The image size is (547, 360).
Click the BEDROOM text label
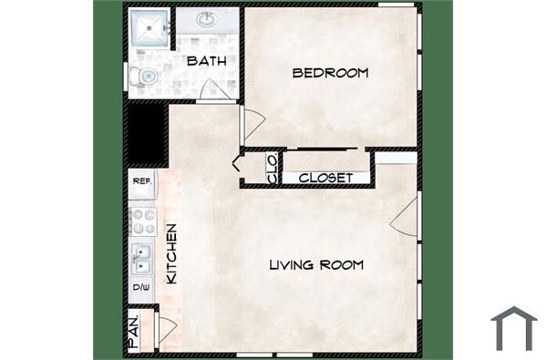[330, 73]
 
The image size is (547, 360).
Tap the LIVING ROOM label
[316, 265]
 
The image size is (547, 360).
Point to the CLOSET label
[325, 178]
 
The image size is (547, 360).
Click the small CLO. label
[272, 169]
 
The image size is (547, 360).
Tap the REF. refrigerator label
[142, 181]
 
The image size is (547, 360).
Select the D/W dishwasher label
[142, 287]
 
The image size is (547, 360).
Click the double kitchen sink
[142, 259]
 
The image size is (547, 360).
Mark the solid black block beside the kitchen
[145, 132]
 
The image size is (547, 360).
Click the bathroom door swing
[215, 91]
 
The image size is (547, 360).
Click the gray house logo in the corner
[513, 327]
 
